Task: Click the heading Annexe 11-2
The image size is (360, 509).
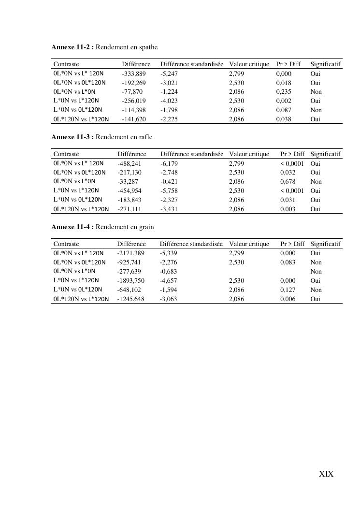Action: click(72, 47)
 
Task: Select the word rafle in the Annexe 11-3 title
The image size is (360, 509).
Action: click(145, 137)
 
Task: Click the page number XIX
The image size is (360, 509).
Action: click(326, 474)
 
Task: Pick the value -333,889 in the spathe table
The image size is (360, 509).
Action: click(134, 73)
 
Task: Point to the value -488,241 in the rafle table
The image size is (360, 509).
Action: click(130, 163)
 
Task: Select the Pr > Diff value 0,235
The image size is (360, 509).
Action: click(284, 91)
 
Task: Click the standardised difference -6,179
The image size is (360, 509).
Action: click(169, 163)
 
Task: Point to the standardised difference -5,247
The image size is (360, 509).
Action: click(169, 73)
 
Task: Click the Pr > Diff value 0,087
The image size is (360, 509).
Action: click(284, 110)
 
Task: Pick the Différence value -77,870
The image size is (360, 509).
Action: click(132, 91)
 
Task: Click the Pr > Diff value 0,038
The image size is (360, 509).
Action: click(284, 119)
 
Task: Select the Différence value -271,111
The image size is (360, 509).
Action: click(130, 209)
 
